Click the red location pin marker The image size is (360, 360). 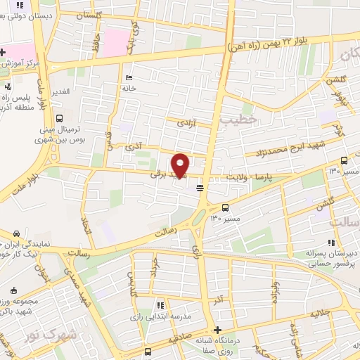[x=181, y=165]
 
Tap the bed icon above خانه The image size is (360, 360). [x=127, y=78]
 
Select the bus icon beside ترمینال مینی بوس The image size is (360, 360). [x=59, y=119]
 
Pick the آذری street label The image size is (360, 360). [x=133, y=148]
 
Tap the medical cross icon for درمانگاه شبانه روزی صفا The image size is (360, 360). [x=217, y=330]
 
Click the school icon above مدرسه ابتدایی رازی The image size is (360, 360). [x=160, y=304]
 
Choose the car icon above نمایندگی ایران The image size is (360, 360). [x=16, y=233]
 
